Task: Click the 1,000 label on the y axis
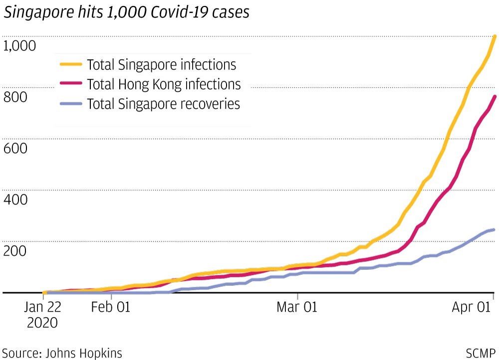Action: coord(19,46)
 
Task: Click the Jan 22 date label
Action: coord(42,307)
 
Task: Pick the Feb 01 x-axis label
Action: coord(111,307)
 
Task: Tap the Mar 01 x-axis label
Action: coord(297,307)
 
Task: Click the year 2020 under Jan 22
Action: coord(42,323)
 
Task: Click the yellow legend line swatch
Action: coord(70,64)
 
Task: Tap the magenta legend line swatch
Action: coord(70,84)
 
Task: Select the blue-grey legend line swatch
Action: coord(70,104)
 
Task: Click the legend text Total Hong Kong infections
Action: coord(164,84)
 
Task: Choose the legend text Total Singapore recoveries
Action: coord(163,104)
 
